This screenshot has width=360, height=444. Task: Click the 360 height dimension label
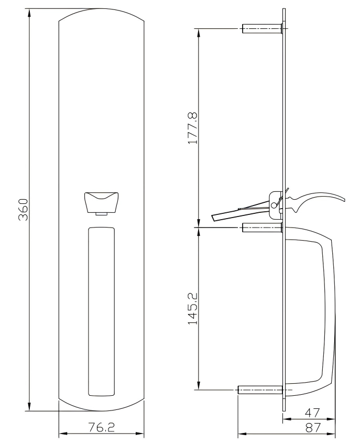click(x=23, y=210)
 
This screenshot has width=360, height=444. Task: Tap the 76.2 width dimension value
click(x=101, y=428)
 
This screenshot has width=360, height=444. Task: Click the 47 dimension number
click(x=312, y=413)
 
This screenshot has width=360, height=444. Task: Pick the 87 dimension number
click(x=313, y=428)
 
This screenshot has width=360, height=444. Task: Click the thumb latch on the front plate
click(x=101, y=202)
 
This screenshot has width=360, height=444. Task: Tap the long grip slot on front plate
click(x=101, y=311)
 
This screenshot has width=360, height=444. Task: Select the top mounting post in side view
click(x=263, y=29)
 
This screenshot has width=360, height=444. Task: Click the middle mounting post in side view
click(x=263, y=228)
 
